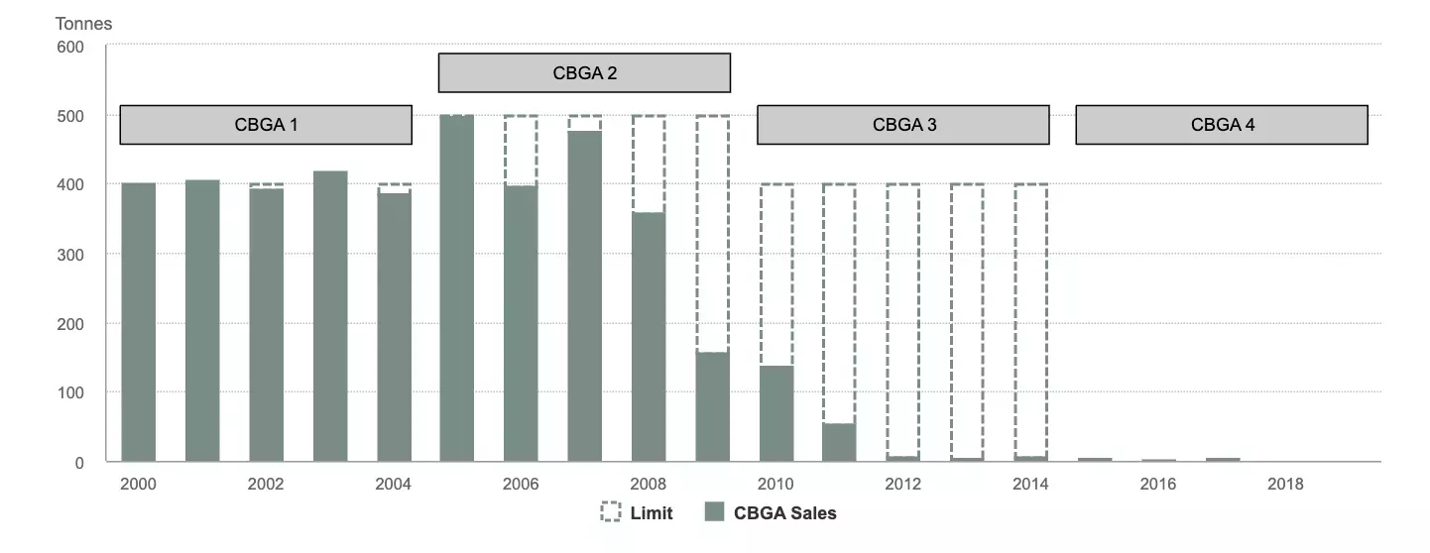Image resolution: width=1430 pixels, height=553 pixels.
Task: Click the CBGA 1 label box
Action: click(x=266, y=125)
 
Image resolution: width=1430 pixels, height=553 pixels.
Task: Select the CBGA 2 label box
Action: click(x=584, y=73)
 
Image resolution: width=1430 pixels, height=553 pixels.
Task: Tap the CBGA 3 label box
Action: click(x=903, y=125)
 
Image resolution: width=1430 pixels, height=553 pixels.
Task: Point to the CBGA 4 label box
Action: click(x=1222, y=125)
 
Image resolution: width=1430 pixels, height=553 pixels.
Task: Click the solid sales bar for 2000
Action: click(x=138, y=322)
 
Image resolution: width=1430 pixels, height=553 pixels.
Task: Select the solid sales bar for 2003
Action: click(x=330, y=316)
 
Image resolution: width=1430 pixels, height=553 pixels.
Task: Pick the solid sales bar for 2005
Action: click(x=457, y=288)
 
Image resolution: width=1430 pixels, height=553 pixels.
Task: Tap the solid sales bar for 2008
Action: click(x=649, y=337)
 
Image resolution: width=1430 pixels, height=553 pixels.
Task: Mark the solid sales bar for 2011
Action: click(x=839, y=442)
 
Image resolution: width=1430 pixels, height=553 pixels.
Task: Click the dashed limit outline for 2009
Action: click(x=712, y=234)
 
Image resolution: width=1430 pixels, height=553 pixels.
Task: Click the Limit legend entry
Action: click(x=637, y=513)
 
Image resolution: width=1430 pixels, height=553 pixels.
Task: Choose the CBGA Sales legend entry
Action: click(x=771, y=513)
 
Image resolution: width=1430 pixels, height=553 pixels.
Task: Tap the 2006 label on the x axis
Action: click(x=521, y=485)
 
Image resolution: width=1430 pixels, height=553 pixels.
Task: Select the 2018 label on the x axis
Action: click(x=1285, y=485)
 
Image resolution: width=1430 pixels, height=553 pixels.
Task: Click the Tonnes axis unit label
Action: click(x=83, y=24)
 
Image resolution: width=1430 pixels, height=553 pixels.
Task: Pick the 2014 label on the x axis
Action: click(x=1030, y=485)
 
